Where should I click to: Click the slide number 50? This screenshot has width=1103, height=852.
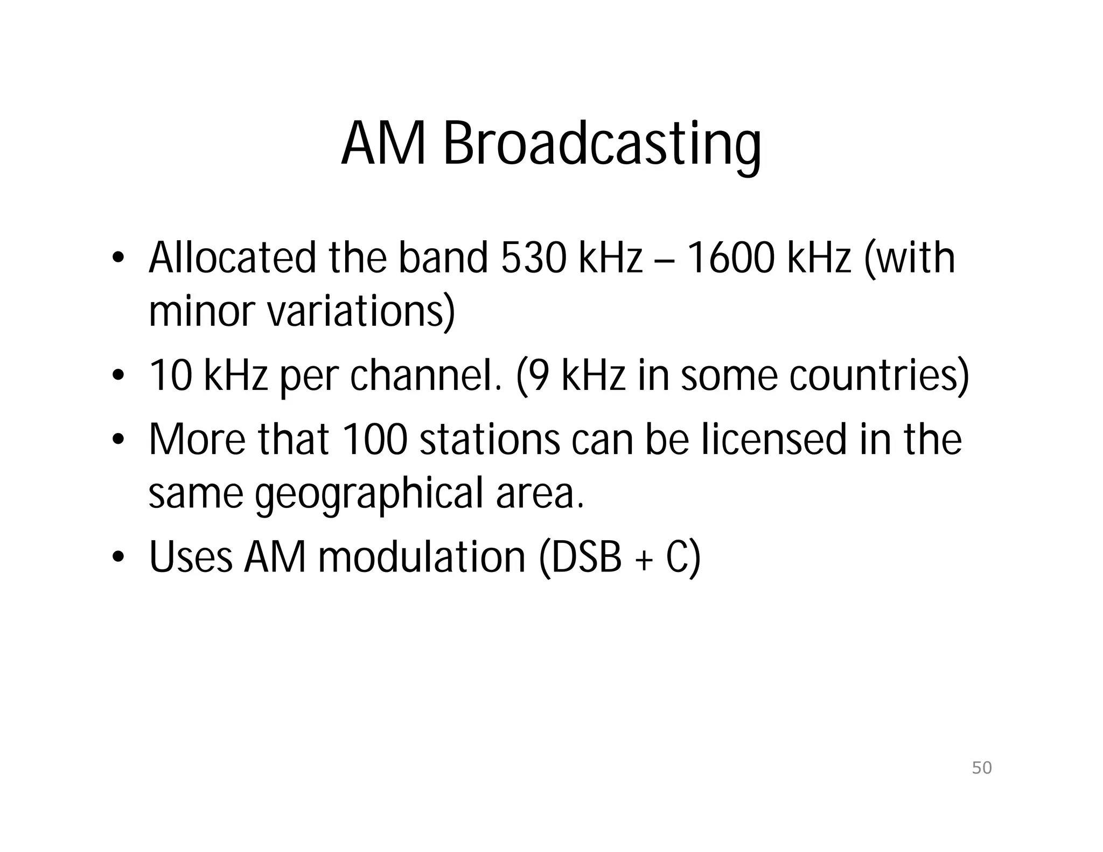click(981, 767)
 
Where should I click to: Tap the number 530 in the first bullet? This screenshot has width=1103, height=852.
click(533, 258)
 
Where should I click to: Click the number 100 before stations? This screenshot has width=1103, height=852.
click(374, 439)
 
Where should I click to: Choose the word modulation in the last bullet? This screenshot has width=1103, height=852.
click(422, 557)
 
